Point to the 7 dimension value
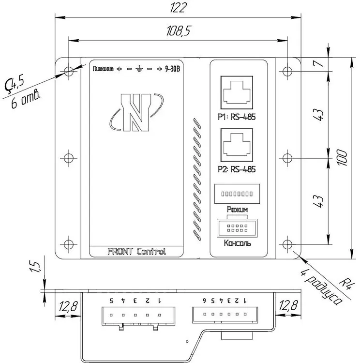point(317,64)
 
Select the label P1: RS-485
point(237,117)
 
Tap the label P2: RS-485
point(237,169)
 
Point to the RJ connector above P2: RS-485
point(238,144)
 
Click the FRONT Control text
point(136,251)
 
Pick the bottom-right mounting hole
point(288,244)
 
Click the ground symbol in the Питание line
point(139,69)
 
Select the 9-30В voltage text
point(172,69)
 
